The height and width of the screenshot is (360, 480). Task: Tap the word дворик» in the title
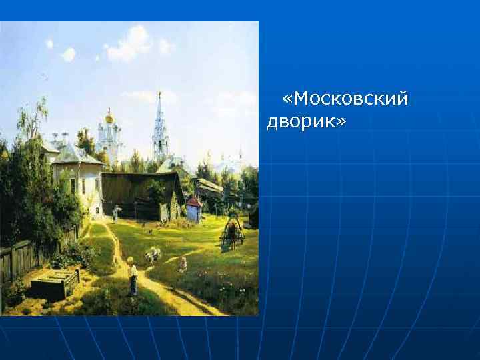(x=301, y=122)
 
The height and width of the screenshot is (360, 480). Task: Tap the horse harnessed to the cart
(x=233, y=230)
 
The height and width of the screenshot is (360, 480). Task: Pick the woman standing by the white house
(x=117, y=213)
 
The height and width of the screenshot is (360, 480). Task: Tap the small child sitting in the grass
(x=182, y=265)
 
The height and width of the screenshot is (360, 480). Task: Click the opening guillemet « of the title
(x=287, y=99)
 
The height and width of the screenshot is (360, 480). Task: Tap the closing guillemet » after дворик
(x=341, y=122)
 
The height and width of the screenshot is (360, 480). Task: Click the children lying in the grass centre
(x=153, y=254)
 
